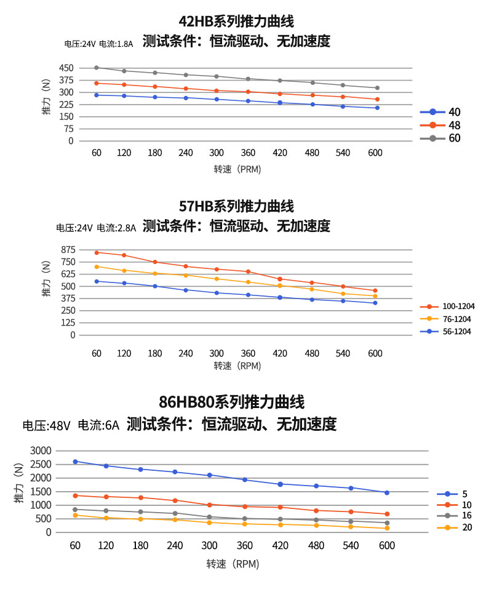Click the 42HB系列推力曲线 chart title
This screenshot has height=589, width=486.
(x=236, y=22)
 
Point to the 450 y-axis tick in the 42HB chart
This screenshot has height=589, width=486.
(x=66, y=68)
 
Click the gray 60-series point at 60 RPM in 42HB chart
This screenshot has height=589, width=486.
(x=96, y=68)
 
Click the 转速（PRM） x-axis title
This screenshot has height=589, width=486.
(x=237, y=169)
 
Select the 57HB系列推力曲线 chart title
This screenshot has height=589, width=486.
(x=236, y=206)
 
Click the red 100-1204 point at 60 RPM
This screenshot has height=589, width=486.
(x=96, y=252)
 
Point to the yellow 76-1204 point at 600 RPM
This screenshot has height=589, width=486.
(x=375, y=296)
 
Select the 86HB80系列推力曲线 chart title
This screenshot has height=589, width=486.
(x=232, y=403)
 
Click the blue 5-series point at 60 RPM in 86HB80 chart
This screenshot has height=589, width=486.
(x=75, y=461)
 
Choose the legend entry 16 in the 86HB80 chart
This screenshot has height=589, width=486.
(x=466, y=516)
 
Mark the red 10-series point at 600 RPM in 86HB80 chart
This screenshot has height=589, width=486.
(x=387, y=514)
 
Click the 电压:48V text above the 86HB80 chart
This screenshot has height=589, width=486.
(x=47, y=425)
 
